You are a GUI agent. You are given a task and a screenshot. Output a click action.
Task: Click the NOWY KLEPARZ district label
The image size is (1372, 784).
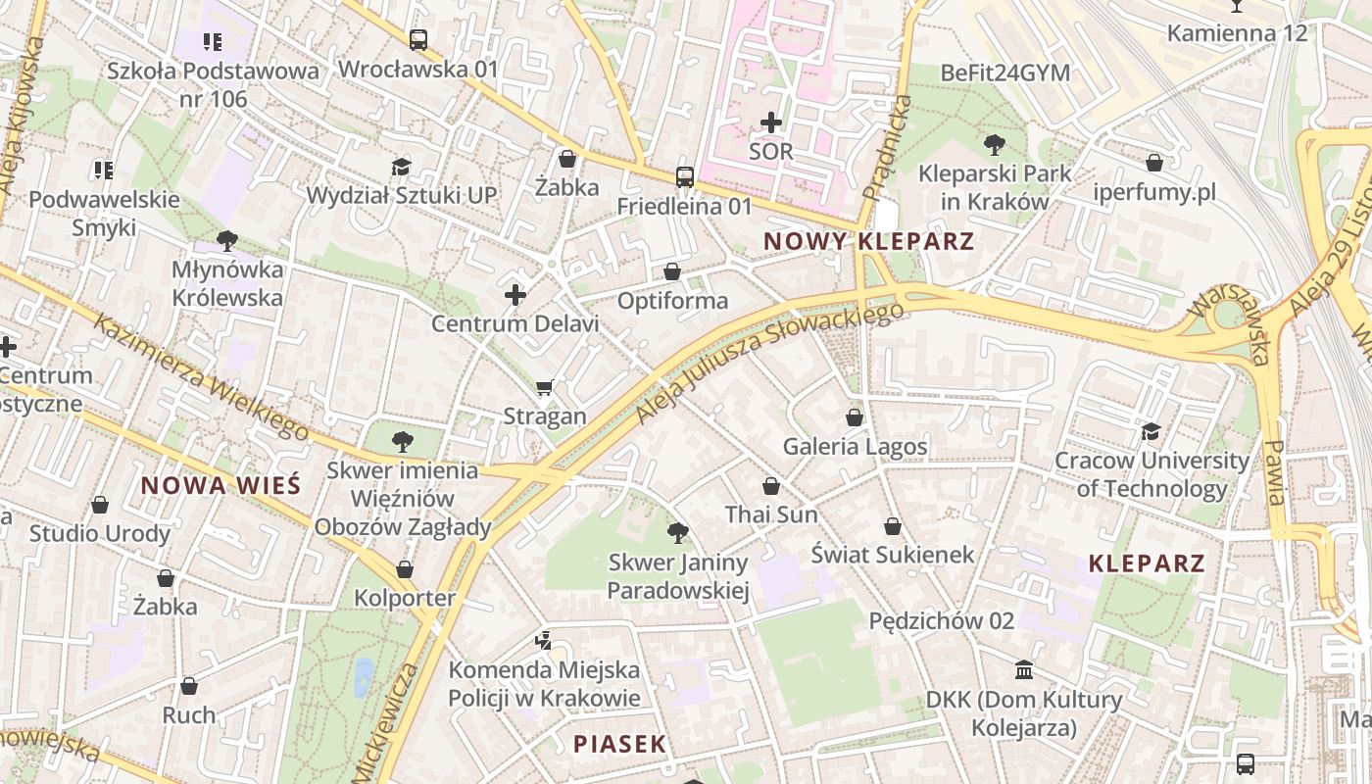pos(868,241)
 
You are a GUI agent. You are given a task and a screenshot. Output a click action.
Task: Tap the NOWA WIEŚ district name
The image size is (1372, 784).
pos(220,485)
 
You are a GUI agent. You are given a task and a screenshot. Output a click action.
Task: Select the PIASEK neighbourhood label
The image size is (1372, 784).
pos(619,744)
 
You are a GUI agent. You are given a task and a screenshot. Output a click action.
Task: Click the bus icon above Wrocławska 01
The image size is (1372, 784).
pos(418,40)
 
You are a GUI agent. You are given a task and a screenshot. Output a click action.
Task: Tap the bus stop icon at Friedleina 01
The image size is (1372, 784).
pos(685,177)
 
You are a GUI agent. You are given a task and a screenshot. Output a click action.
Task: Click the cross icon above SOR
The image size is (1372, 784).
pos(771,122)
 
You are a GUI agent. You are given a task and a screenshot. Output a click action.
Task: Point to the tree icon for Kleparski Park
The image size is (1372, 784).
pos(994,145)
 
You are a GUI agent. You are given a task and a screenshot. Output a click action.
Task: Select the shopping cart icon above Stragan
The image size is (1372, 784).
pos(545,388)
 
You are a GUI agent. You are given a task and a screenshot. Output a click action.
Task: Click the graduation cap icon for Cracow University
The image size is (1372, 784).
pos(1151,431)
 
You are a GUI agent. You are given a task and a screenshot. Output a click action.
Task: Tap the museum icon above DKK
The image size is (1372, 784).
pos(1024,670)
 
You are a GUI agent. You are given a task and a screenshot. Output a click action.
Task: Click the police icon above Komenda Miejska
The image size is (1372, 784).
pos(544,641)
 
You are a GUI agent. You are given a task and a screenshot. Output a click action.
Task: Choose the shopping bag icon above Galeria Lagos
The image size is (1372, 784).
pos(855,417)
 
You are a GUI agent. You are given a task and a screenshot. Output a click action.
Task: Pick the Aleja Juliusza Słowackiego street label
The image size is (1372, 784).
pos(769,363)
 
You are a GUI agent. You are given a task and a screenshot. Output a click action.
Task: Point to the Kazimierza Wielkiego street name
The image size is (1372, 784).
pos(201,377)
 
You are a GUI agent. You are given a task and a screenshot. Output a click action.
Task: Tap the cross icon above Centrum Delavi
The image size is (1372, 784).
pos(515,295)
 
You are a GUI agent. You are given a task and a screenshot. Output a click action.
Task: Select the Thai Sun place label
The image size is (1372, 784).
pos(771,514)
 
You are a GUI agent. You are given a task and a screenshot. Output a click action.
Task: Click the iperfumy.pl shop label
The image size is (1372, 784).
pos(1154,192)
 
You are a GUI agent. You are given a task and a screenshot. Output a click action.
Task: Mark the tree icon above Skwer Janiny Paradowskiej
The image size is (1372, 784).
pos(677,533)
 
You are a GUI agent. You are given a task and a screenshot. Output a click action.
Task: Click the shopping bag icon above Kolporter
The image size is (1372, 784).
pos(405,569)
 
